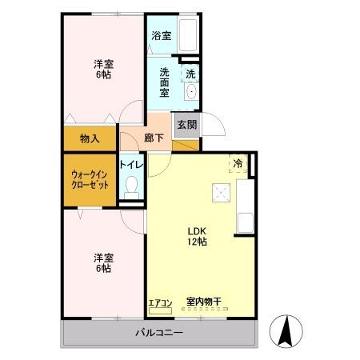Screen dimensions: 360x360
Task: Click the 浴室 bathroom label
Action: tap(161, 35)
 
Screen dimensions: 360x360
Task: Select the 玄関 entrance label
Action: tap(186, 125)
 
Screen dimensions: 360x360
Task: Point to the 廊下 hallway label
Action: tap(154, 138)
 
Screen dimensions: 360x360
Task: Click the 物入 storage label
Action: tap(90, 138)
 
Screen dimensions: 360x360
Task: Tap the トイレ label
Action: tap(131, 165)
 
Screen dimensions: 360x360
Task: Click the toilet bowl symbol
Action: tap(132, 191)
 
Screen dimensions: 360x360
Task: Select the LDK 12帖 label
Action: tap(197, 236)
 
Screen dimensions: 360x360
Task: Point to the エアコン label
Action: tap(160, 303)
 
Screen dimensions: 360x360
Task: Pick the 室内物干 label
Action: tap(204, 302)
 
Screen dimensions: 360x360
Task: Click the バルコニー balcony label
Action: tap(158, 333)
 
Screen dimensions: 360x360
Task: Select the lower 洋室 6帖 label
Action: tap(102, 263)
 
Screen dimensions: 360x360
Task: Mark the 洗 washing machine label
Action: tap(190, 74)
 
